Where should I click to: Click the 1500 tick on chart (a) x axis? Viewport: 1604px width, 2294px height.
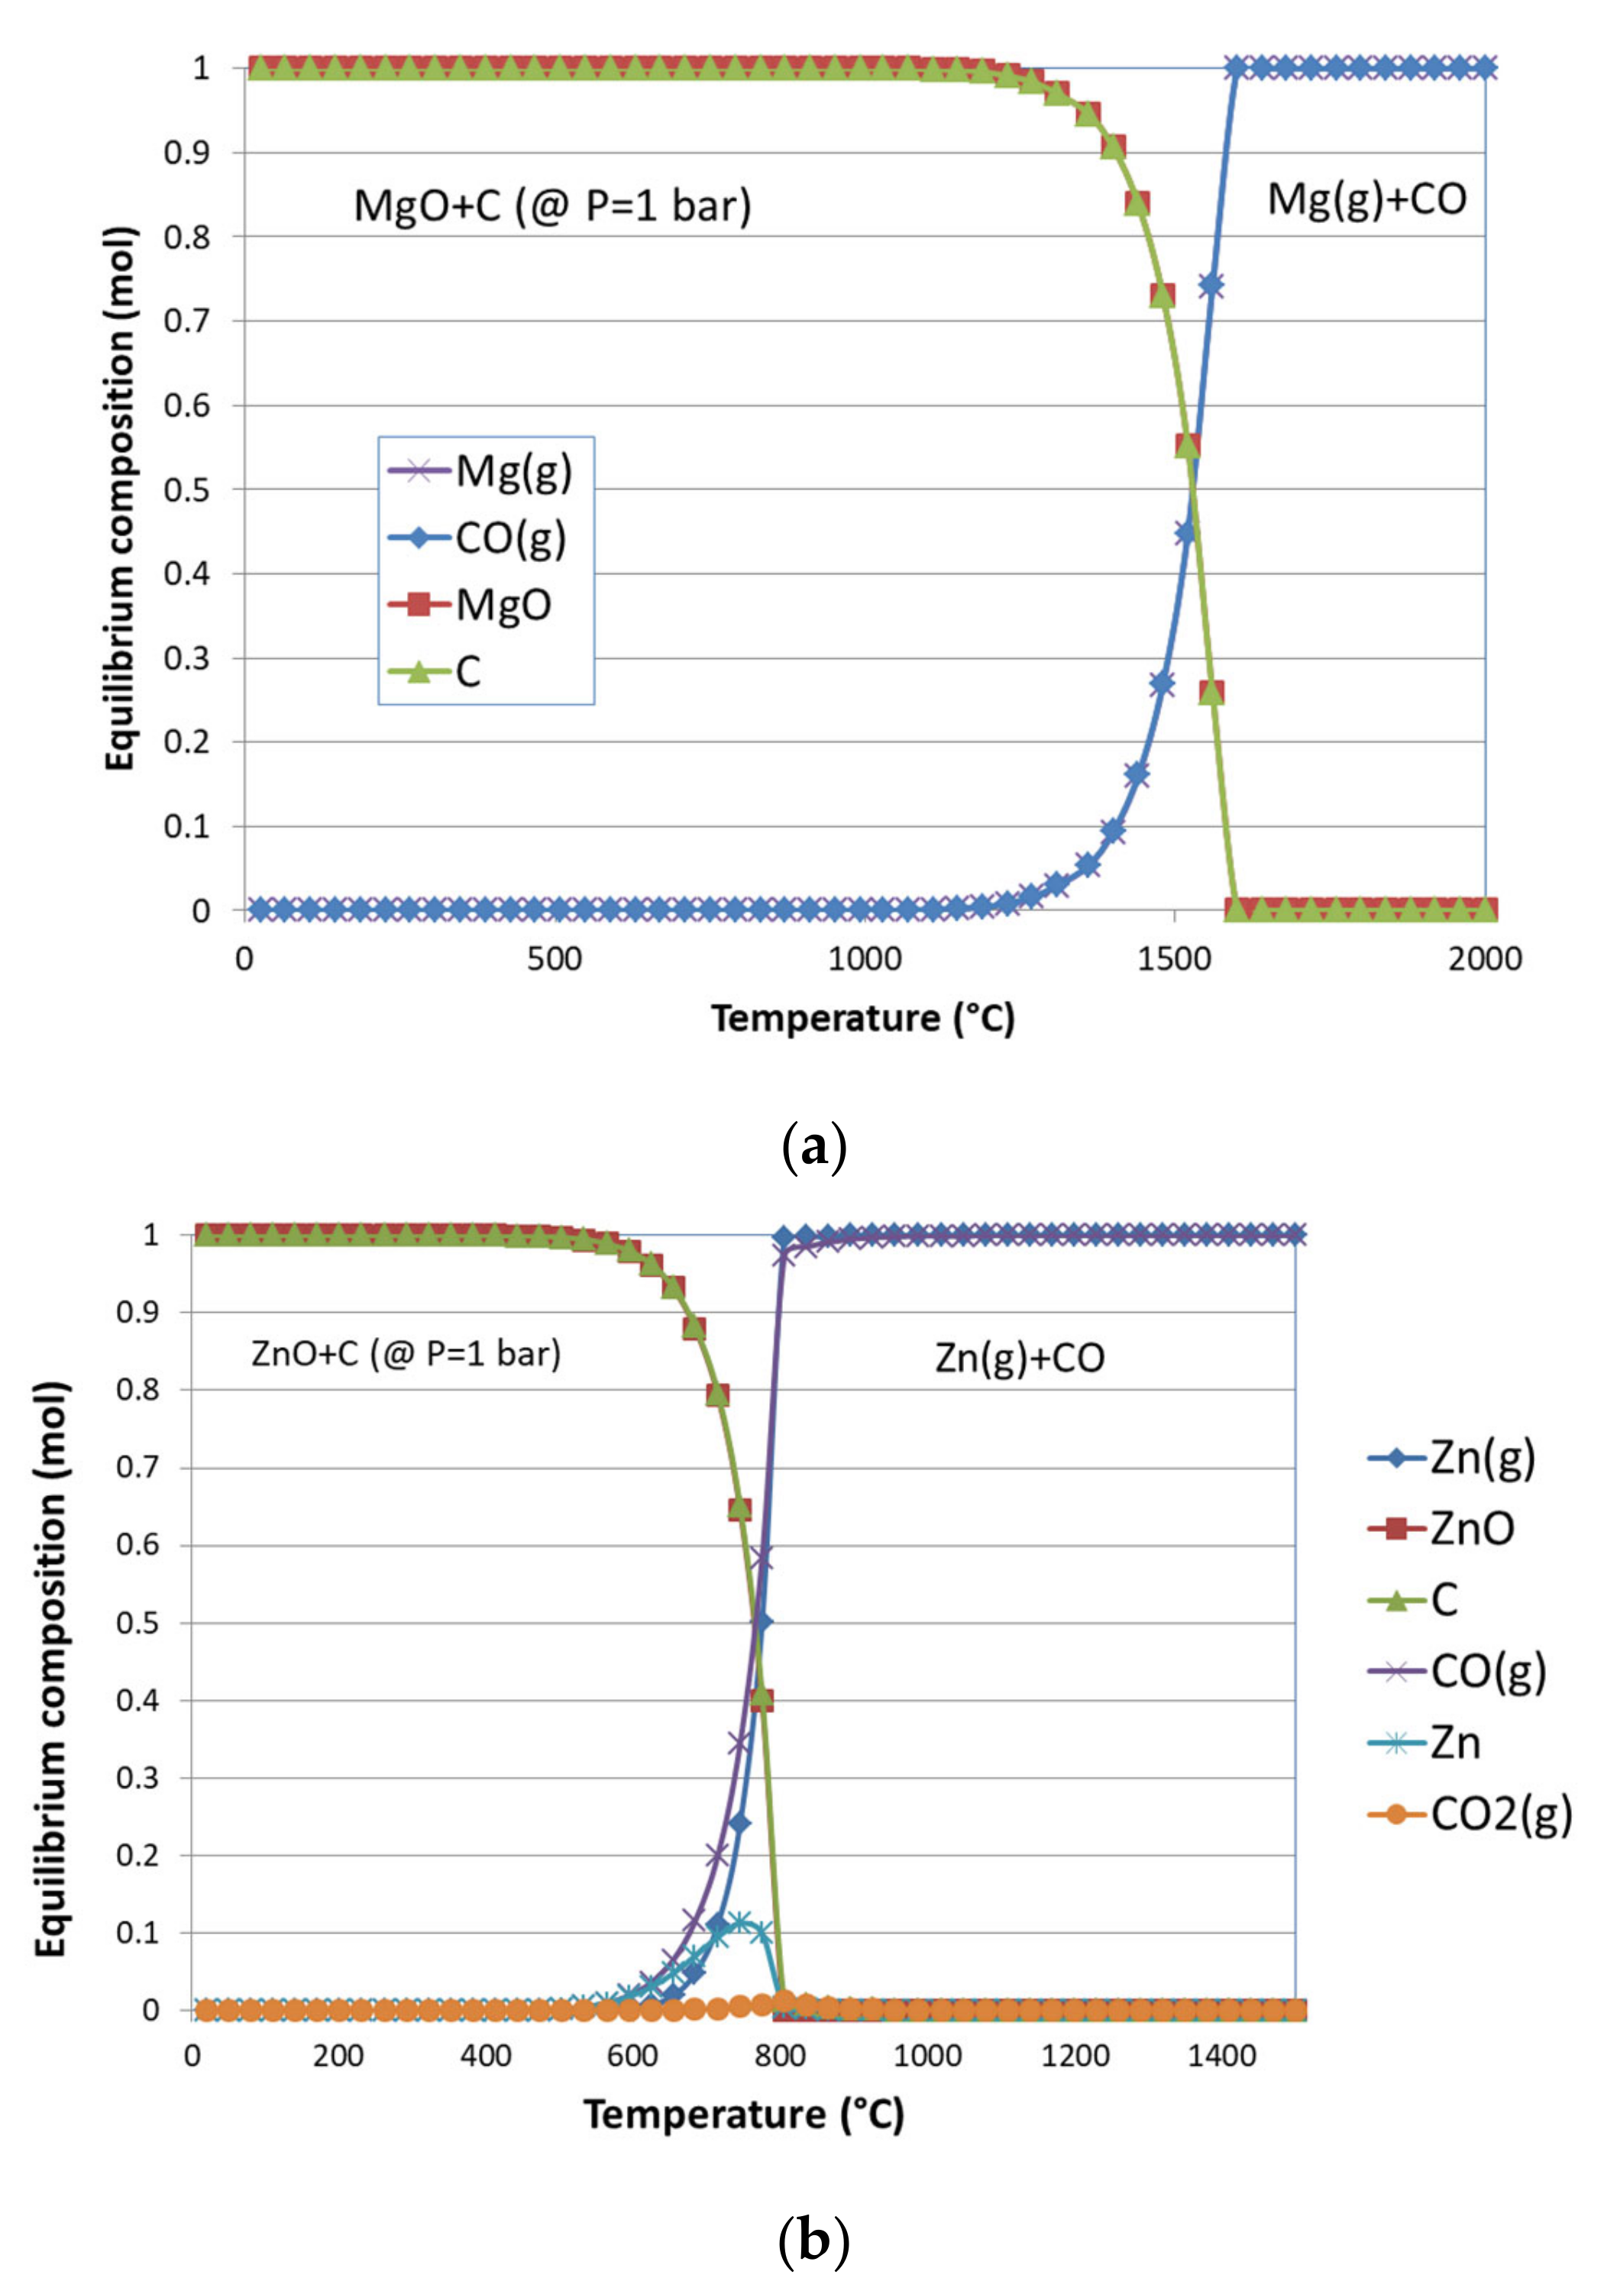pyautogui.click(x=1173, y=959)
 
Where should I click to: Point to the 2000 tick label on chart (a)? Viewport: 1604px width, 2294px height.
pyautogui.click(x=1484, y=959)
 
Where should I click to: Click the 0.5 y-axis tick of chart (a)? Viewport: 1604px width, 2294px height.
pyautogui.click(x=187, y=490)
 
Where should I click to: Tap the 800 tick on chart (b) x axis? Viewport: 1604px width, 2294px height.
pyautogui.click(x=780, y=2055)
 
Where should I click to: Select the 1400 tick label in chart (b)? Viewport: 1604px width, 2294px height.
pyautogui.click(x=1221, y=2055)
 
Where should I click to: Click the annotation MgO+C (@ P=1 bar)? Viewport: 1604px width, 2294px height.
pyautogui.click(x=551, y=206)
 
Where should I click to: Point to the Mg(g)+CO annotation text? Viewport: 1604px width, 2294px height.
pyautogui.click(x=1366, y=200)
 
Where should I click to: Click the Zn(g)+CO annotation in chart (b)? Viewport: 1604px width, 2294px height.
pyautogui.click(x=1020, y=1358)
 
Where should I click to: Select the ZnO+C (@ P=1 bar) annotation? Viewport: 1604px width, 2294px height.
pyautogui.click(x=406, y=1354)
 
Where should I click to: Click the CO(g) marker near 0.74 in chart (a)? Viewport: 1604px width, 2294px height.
pyautogui.click(x=1210, y=286)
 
